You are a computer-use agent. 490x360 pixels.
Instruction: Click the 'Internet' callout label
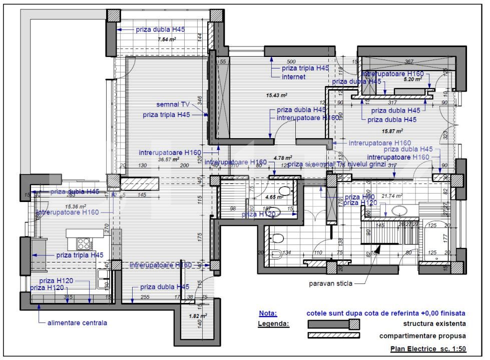(x=293, y=77)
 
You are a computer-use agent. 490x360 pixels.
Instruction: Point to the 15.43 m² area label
(x=276, y=94)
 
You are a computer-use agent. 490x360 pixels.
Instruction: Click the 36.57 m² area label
(x=169, y=159)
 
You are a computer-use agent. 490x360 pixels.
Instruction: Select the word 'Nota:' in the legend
(x=268, y=313)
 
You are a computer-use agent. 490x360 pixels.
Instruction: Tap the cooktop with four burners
(x=83, y=244)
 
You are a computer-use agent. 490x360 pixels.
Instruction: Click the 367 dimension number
(x=409, y=61)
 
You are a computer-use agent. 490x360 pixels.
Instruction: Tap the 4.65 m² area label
(x=274, y=197)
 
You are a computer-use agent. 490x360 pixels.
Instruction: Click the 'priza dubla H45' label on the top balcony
(x=160, y=29)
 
